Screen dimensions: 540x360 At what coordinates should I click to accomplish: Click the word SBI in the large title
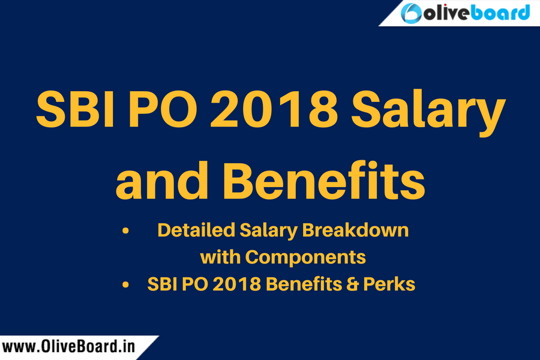coord(75,110)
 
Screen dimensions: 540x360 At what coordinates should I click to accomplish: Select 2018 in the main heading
coord(274,110)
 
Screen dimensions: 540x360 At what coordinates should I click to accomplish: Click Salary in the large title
coord(428,113)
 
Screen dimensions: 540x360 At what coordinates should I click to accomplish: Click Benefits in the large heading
coord(325,180)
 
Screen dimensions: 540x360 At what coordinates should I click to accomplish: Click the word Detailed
coord(196,230)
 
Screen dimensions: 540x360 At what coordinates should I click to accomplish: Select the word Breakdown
coord(355,230)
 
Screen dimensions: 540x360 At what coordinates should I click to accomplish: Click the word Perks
coord(389,284)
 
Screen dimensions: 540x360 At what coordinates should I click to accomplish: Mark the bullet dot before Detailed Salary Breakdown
coord(125,231)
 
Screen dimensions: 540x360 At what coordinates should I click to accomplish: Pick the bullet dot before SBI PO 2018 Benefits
coord(125,285)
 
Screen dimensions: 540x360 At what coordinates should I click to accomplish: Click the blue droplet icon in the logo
coord(411,13)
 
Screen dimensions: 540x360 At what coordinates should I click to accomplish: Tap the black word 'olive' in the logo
coord(446,13)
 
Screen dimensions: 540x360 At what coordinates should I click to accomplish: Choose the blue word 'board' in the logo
coord(500,13)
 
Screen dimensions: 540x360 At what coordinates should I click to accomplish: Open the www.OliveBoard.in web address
coord(68,347)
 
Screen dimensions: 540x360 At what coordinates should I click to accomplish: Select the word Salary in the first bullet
coord(268,231)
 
